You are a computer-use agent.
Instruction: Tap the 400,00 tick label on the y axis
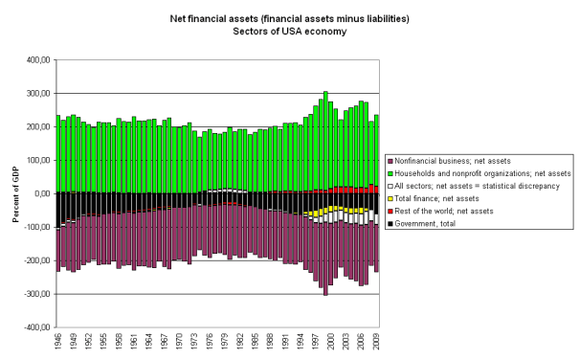[35, 59]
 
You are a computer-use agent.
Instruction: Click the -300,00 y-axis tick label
[33, 294]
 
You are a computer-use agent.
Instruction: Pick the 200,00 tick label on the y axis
[35, 126]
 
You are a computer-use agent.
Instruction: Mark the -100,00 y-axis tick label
[33, 227]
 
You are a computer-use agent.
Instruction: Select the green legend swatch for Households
[391, 172]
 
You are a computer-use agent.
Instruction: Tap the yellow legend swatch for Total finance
[391, 197]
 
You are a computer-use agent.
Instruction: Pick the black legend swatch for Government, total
[391, 222]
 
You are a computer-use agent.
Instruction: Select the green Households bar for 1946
[58, 153]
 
